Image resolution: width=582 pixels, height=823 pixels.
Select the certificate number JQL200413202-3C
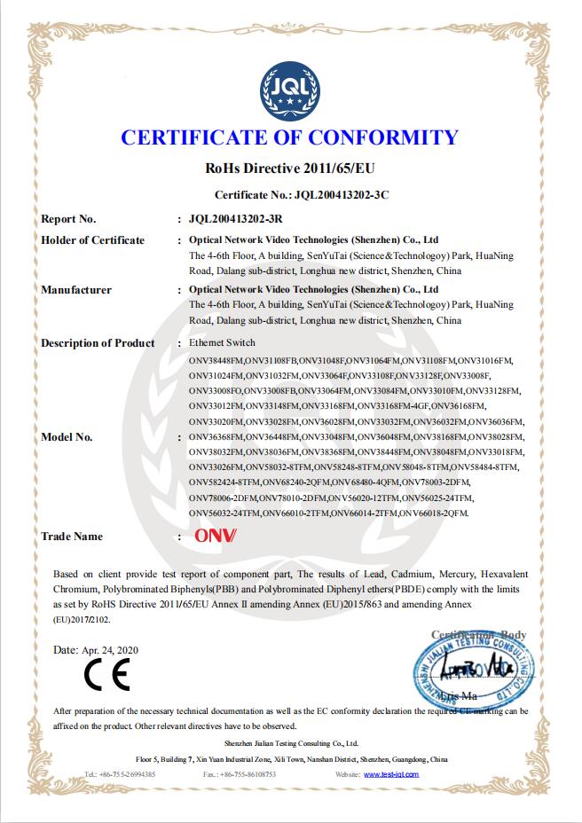coord(341,193)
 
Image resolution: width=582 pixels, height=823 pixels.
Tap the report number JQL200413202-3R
coord(236,218)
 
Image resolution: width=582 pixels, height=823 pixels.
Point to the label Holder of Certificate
coord(93,240)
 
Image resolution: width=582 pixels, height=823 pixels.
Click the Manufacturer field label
coord(76,290)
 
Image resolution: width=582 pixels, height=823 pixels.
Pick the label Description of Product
coord(98,343)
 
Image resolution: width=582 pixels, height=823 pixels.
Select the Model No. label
coord(67,437)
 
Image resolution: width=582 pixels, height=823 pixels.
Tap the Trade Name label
coord(72,537)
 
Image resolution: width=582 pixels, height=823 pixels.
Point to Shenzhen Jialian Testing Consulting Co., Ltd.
coord(290,743)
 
